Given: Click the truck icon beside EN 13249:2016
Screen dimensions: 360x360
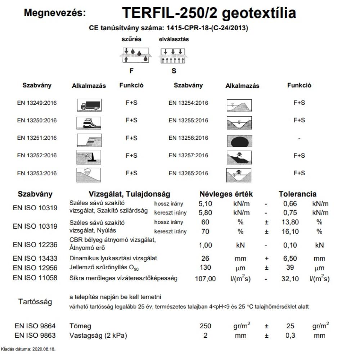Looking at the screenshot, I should [x=89, y=104].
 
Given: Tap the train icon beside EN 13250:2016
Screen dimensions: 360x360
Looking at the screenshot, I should [x=89, y=122].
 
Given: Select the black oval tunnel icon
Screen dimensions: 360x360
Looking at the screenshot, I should [x=239, y=140].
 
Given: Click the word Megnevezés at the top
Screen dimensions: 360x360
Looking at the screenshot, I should [x=55, y=13].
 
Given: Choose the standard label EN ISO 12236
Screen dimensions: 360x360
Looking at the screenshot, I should [x=35, y=245].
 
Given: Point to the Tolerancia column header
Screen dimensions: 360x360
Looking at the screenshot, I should [x=297, y=194].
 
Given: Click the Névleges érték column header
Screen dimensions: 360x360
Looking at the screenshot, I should [x=226, y=194].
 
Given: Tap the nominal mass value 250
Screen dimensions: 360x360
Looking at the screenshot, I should [x=205, y=326].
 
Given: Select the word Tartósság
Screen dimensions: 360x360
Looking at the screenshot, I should [x=35, y=302].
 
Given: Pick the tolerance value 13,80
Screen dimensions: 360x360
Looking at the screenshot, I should [x=291, y=222].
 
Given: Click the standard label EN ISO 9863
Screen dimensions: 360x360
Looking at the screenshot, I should [x=35, y=336].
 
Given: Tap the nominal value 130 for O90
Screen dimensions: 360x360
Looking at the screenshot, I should [x=205, y=268].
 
